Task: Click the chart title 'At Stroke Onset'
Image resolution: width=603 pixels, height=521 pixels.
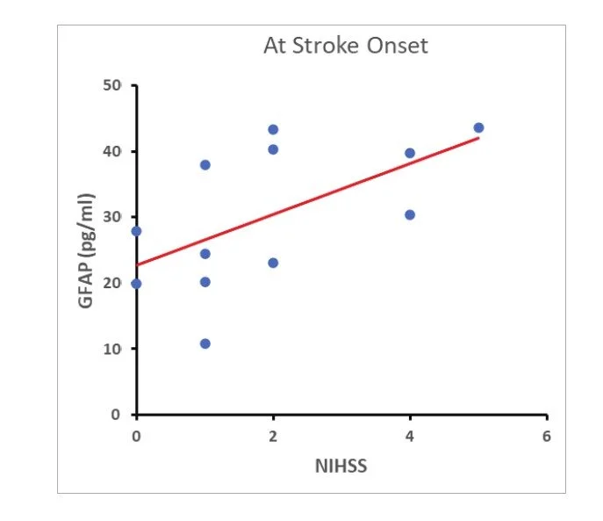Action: pos(346,46)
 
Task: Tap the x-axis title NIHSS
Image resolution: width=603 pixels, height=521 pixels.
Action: pos(341,466)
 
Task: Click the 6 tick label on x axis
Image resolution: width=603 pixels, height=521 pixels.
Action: pos(546,437)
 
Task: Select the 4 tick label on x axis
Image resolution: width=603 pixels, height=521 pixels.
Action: pos(410,437)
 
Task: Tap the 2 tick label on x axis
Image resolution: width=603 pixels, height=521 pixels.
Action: pos(273,437)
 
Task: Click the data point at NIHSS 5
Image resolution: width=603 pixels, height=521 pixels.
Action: pos(478,127)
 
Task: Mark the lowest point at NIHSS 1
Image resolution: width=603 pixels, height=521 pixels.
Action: pos(205,344)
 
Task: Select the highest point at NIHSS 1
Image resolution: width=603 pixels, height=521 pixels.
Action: pos(205,165)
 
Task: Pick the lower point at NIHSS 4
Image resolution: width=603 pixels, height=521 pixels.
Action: pos(410,214)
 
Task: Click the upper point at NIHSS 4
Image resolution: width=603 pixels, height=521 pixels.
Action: pos(410,153)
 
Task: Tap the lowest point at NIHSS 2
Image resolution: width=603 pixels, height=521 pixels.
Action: pos(273,263)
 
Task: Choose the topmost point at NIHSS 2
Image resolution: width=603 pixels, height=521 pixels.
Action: pos(273,130)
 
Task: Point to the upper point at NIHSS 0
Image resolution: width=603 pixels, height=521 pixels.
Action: pos(136,231)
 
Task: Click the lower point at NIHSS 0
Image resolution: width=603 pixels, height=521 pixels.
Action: pos(136,283)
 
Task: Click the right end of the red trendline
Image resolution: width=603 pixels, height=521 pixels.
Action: pos(478,137)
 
